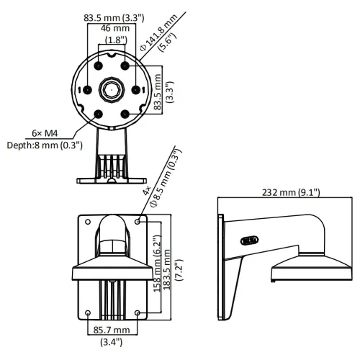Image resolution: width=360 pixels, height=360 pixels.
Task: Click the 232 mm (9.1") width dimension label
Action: click(291, 192)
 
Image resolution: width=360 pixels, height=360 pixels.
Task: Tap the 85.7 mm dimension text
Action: click(112, 330)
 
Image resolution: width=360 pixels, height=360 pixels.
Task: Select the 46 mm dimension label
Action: click(115, 28)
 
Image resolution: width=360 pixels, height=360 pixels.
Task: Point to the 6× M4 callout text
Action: click(45, 133)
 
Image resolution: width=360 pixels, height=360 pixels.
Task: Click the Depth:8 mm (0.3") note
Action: click(45, 145)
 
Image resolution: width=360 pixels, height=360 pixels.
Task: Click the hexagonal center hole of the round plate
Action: click(112, 90)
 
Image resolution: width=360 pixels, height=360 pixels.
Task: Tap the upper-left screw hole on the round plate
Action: click(98, 66)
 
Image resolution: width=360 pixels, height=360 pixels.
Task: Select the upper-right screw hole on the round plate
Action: click(125, 66)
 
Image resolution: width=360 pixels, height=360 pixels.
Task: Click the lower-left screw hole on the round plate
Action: click(98, 114)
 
